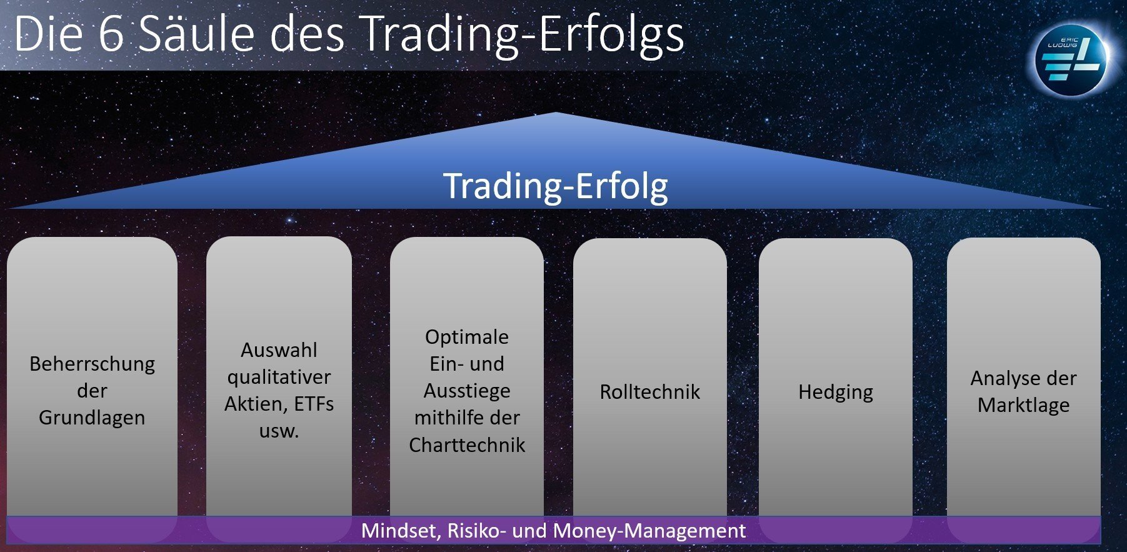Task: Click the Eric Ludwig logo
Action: (1071, 59)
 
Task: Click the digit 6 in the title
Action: (112, 34)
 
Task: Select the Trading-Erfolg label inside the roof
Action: (556, 186)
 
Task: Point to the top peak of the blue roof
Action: (555, 113)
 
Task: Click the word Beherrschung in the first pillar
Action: (92, 364)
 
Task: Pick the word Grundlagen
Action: (92, 418)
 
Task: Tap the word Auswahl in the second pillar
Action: (279, 349)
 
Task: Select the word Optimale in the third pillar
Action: (467, 337)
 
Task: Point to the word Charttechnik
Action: (467, 445)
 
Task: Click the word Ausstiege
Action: (467, 391)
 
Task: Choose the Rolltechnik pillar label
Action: (650, 392)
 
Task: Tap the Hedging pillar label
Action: (836, 393)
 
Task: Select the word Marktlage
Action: (1024, 406)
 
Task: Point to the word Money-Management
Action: (649, 531)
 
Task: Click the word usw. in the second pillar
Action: (279, 431)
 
